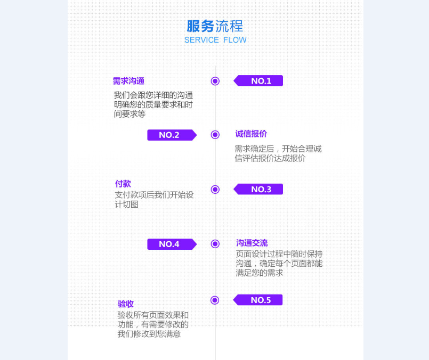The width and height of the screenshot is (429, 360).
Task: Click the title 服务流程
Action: [x=215, y=26]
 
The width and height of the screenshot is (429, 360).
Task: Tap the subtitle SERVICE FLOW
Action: [x=215, y=40]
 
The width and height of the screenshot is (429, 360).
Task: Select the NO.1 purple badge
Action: [x=260, y=81]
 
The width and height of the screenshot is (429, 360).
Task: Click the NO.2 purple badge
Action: [x=171, y=135]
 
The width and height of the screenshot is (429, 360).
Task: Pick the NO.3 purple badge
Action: [x=260, y=189]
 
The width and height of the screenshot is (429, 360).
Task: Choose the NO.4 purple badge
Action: [x=171, y=244]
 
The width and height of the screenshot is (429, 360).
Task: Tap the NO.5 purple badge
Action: [x=259, y=300]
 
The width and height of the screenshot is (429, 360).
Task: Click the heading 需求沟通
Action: [x=128, y=81]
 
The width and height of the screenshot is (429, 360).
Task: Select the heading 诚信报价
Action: [x=251, y=134]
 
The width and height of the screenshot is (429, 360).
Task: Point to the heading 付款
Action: [x=123, y=184]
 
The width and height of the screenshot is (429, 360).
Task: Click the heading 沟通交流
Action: [x=252, y=243]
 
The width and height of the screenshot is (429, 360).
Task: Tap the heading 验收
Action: [x=126, y=304]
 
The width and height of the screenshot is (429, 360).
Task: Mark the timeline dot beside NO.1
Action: [x=215, y=81]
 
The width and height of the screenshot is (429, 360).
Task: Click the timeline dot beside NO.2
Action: [x=215, y=135]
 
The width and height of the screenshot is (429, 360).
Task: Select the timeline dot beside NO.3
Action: [x=215, y=189]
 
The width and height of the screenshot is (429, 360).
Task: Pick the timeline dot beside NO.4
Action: [x=215, y=244]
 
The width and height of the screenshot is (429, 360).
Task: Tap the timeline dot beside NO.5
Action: [x=215, y=300]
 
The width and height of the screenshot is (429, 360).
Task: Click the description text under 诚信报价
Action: [x=278, y=153]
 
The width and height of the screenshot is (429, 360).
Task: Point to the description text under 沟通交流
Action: [x=279, y=263]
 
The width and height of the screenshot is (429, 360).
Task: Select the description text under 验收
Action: [x=153, y=324]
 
